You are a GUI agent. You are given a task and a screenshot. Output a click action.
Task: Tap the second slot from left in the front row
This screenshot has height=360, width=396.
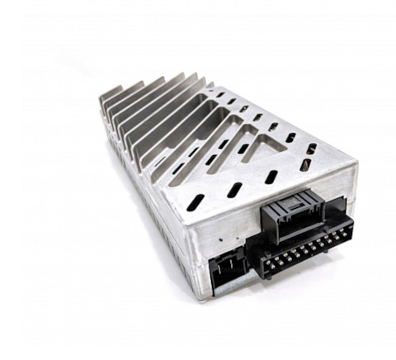pyautogui.click(x=234, y=190)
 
